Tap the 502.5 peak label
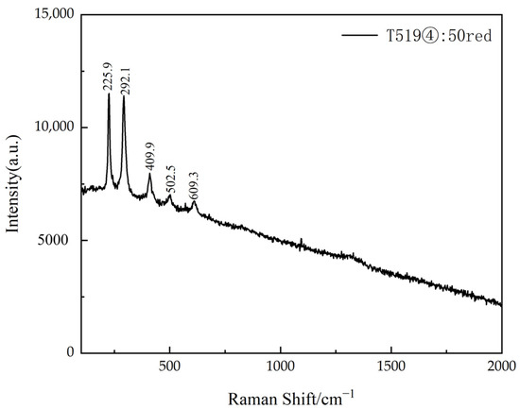[171, 181]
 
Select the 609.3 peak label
[195, 184]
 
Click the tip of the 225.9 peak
[109, 94]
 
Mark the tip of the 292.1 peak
[124, 96]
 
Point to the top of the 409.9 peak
[149, 174]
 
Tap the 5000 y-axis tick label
[61, 240]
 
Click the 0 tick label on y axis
[72, 352]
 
